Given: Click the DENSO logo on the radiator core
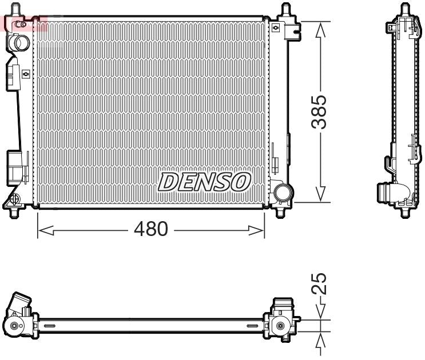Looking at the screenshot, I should click(204, 182).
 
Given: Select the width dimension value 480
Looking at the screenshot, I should click(150, 230).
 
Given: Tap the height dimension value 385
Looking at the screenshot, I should click(321, 112).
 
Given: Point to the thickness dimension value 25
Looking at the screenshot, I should click(321, 283).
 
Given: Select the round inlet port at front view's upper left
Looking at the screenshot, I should click(22, 42).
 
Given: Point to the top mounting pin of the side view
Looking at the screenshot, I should click(405, 10).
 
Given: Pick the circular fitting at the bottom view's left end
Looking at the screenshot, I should click(14, 326).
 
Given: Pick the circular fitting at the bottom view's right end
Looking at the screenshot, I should click(280, 326).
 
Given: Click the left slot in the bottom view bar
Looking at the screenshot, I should click(50, 326).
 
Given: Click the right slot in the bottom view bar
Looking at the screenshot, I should click(252, 326).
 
